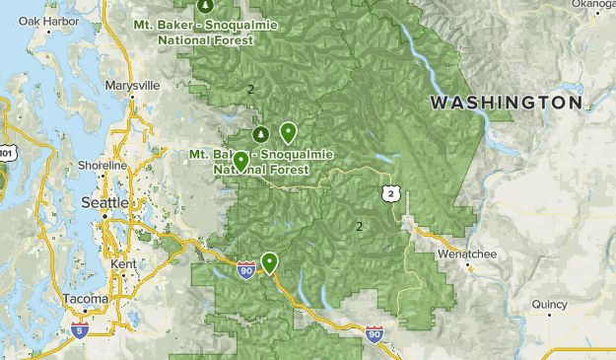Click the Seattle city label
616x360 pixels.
[103, 202]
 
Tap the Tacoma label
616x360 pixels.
[86, 299]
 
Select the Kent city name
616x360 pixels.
[124, 265]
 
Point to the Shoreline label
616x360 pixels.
[102, 166]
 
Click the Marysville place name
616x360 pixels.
[131, 86]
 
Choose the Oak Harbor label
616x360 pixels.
[41, 21]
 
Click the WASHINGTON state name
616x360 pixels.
[506, 103]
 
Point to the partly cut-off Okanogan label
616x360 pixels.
[594, 4]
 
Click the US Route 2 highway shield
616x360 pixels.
[391, 195]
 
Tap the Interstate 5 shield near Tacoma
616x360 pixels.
[79, 330]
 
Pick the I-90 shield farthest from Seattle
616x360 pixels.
[374, 335]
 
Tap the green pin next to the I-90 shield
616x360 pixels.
[268, 261]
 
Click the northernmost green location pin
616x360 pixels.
[288, 130]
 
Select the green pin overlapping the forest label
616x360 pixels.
[240, 161]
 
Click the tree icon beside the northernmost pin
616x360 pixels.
[260, 133]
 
